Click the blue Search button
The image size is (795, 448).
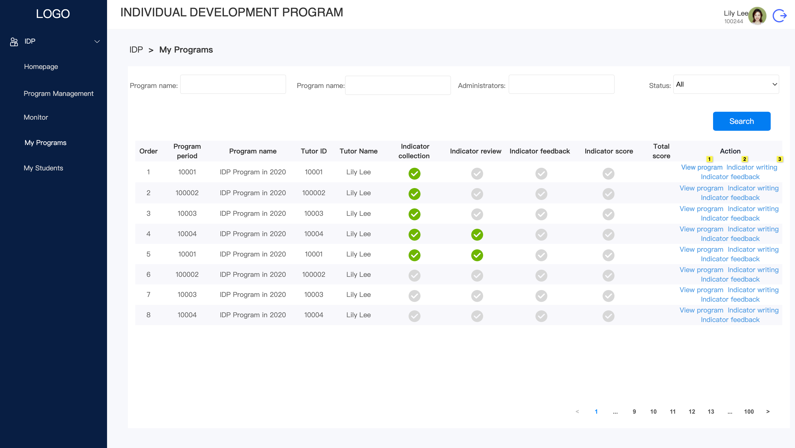(x=741, y=121)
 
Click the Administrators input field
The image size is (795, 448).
(x=561, y=84)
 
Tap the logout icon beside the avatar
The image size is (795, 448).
(x=780, y=16)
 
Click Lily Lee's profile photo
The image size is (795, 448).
(x=757, y=16)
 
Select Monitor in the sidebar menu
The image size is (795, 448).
(x=36, y=117)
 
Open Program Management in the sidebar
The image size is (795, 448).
(x=58, y=94)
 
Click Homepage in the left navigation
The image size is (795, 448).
(x=41, y=67)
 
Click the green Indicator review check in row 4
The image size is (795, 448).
(x=477, y=235)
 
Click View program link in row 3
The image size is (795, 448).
(x=701, y=209)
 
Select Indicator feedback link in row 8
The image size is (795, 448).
(x=730, y=320)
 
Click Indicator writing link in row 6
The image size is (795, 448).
(x=753, y=270)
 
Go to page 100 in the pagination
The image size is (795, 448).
(x=749, y=412)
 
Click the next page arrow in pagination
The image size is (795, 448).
(x=768, y=412)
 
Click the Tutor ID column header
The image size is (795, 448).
(x=313, y=151)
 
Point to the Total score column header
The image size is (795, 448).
(x=661, y=151)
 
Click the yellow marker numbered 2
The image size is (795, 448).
(x=744, y=159)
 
